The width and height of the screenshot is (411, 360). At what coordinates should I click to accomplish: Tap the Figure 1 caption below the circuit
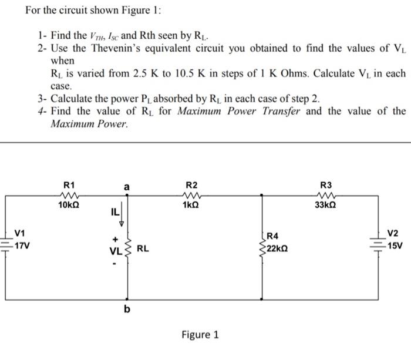(200, 335)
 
